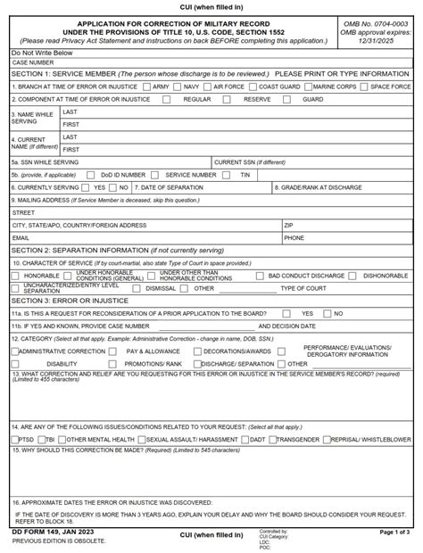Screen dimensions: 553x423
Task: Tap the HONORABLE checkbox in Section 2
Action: [16, 276]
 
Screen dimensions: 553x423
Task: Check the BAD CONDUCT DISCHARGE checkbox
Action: [261, 276]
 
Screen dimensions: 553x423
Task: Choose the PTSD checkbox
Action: [15, 440]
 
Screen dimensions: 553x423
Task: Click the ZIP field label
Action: [288, 226]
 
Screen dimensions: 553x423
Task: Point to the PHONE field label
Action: [294, 238]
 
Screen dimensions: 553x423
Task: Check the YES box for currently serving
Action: [87, 187]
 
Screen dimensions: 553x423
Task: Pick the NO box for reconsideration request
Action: [328, 314]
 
